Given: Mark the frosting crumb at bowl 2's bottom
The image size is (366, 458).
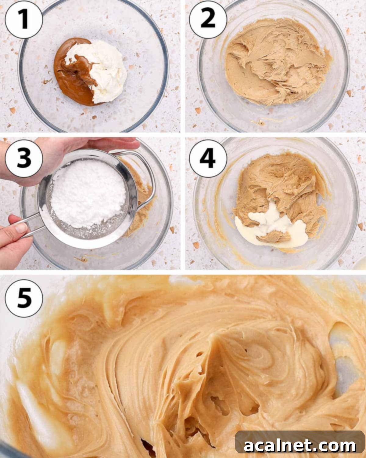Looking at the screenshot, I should (261, 122).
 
